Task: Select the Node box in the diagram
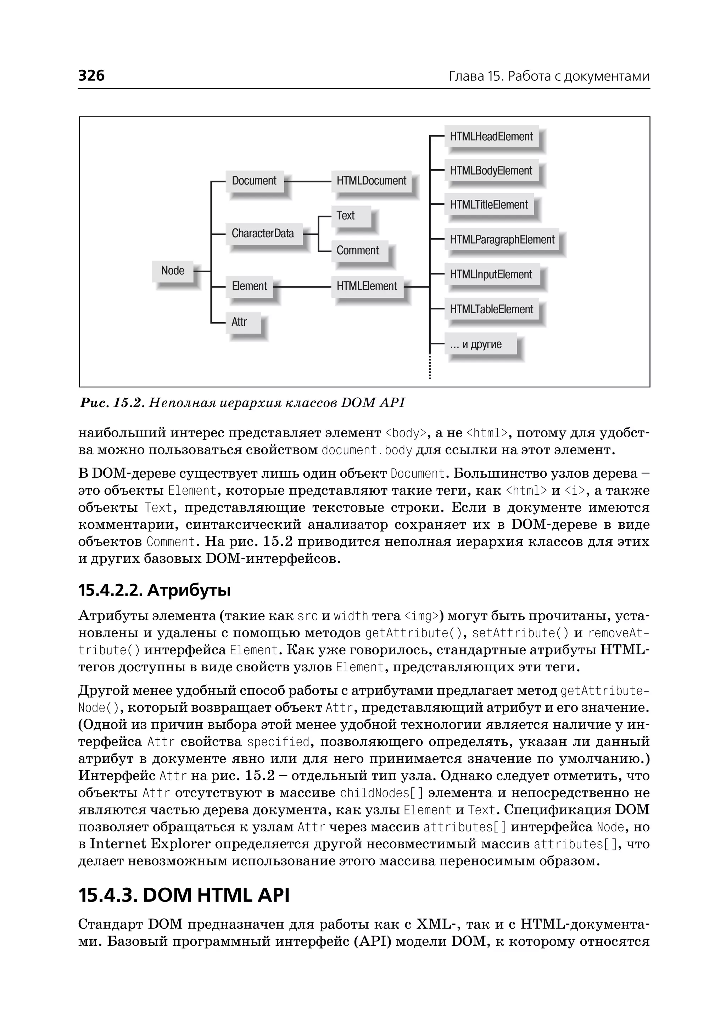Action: [x=173, y=271]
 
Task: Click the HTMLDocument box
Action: [x=371, y=181]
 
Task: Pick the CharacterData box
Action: [x=263, y=234]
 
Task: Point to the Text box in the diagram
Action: [x=346, y=216]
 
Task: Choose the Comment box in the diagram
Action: [x=358, y=251]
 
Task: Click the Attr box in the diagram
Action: [x=239, y=322]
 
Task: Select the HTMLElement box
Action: [x=367, y=286]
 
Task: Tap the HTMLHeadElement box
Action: [x=491, y=137]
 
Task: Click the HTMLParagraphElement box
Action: [x=502, y=240]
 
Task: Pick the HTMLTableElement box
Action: [x=491, y=309]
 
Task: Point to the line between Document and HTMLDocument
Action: [x=308, y=181]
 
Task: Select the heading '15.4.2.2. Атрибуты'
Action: [x=154, y=590]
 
